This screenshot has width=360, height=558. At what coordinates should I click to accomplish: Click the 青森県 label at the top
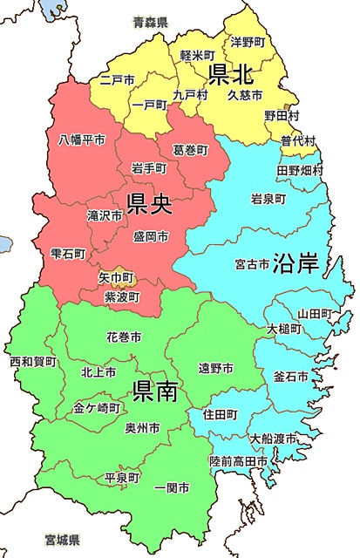tap(150, 19)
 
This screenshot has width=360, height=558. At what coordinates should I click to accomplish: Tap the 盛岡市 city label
tap(151, 236)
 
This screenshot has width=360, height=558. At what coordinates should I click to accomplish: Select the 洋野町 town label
tap(248, 41)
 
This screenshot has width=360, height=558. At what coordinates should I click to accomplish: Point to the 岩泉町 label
tap(268, 198)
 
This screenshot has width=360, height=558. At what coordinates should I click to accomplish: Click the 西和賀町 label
tap(32, 361)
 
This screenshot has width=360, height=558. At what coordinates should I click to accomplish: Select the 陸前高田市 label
tap(241, 459)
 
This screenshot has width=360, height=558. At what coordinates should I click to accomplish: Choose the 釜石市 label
tap(290, 377)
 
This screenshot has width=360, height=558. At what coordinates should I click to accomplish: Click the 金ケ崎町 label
tap(97, 407)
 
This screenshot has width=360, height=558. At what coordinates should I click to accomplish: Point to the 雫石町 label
tap(67, 254)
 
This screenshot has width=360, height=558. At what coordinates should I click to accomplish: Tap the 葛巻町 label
tap(191, 150)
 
